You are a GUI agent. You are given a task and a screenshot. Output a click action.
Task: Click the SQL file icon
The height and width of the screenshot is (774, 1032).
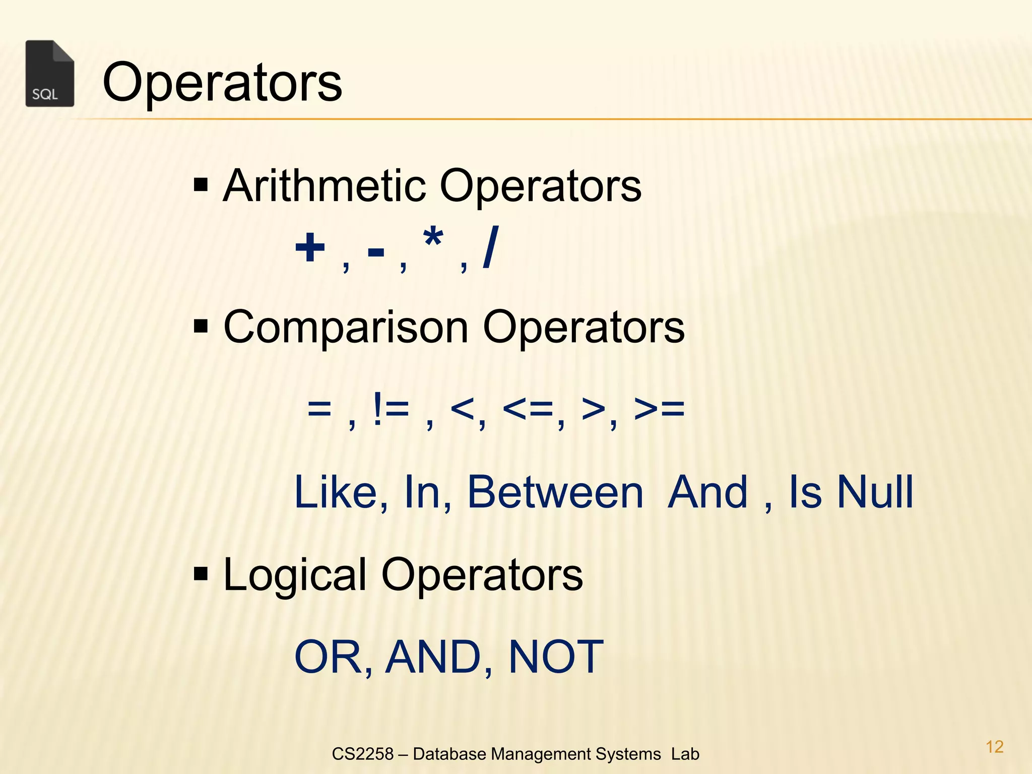[49, 74]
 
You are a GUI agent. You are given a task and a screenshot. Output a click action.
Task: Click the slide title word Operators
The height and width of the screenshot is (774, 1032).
[222, 82]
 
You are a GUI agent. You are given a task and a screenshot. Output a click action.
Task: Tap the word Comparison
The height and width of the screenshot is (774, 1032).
[346, 327]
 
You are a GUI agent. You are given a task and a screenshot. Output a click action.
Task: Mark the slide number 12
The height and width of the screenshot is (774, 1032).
[994, 747]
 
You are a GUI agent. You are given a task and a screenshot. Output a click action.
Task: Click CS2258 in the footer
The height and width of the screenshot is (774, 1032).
[362, 754]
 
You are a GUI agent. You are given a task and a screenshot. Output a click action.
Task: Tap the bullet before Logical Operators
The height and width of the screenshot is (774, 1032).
[201, 573]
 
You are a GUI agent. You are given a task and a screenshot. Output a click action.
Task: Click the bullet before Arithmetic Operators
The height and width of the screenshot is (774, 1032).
[201, 185]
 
